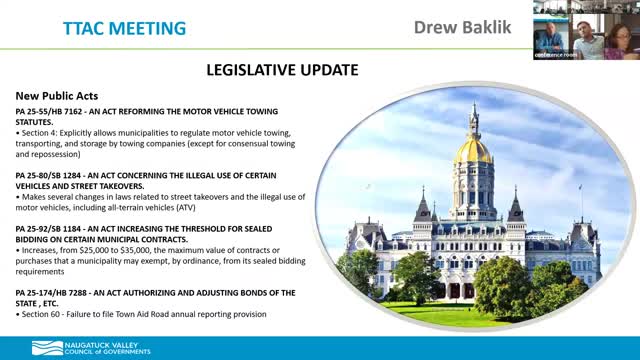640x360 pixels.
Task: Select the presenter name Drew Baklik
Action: (463, 26)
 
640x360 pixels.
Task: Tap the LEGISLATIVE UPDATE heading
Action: (281, 70)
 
